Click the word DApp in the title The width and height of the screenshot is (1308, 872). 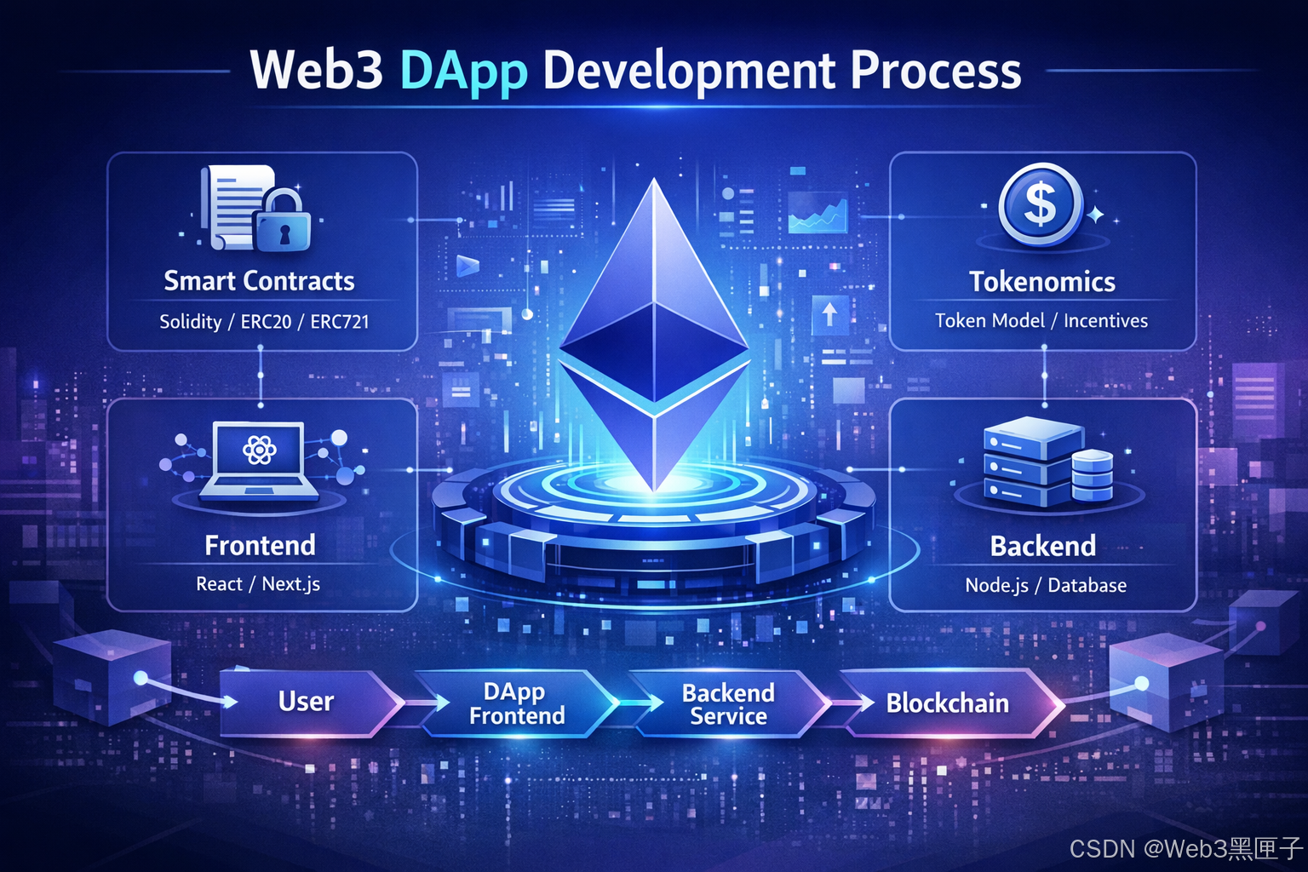pyautogui.click(x=463, y=72)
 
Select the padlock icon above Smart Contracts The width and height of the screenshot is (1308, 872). pyautogui.click(x=284, y=222)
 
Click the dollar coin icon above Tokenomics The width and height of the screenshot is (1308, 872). pyautogui.click(x=1040, y=205)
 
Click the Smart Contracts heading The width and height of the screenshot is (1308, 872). pyautogui.click(x=259, y=281)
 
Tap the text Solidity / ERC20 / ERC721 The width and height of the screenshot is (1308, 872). pyautogui.click(x=264, y=322)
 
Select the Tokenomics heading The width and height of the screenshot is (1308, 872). pyautogui.click(x=1042, y=282)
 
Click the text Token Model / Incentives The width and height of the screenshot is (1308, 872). pyautogui.click(x=1041, y=321)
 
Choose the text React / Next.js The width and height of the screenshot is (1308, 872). pyautogui.click(x=258, y=584)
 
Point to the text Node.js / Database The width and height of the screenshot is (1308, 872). pyautogui.click(x=1046, y=586)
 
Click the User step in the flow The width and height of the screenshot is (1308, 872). pyautogui.click(x=306, y=702)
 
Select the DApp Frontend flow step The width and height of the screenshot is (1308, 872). pyautogui.click(x=517, y=703)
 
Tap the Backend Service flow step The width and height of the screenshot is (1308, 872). pyautogui.click(x=728, y=704)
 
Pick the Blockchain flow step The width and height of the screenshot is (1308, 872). pyautogui.click(x=947, y=703)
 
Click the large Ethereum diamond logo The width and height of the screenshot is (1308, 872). pyautogui.click(x=654, y=341)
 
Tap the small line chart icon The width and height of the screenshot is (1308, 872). pyautogui.click(x=817, y=214)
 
